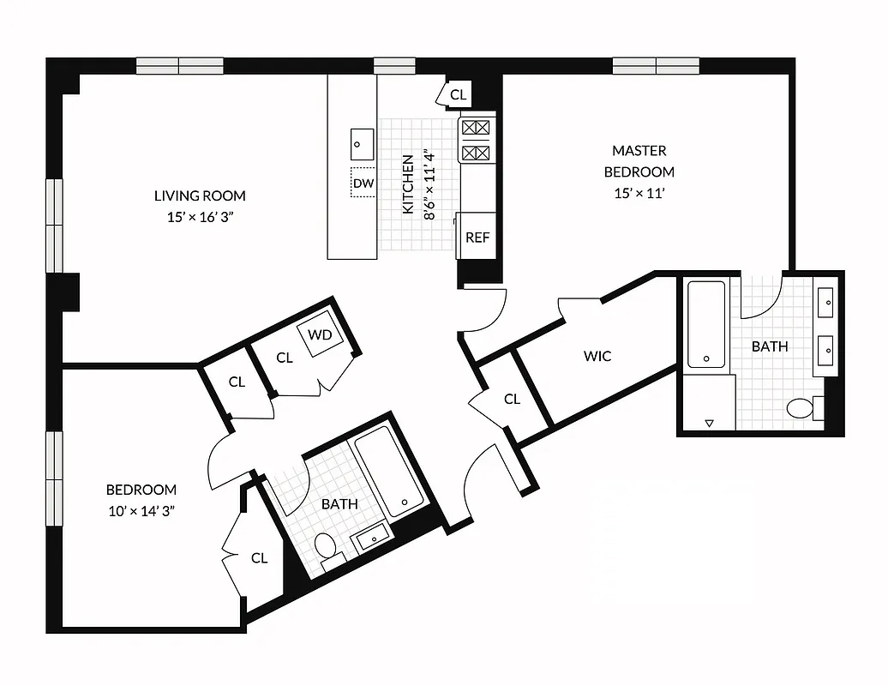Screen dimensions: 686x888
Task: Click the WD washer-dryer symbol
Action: [320, 334]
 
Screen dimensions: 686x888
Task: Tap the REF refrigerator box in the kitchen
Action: [477, 237]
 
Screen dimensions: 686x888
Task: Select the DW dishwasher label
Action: [363, 184]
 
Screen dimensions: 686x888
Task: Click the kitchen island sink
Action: [362, 142]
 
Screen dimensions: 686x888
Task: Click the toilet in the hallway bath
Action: [326, 545]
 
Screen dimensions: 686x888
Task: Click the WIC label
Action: [597, 355]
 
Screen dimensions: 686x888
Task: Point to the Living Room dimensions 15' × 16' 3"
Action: [200, 217]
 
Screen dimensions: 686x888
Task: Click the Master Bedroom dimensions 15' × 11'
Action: [639, 193]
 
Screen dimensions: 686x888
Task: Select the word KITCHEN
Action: [409, 184]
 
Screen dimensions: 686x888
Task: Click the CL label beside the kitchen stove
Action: [459, 94]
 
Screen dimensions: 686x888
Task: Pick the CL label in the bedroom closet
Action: [259, 557]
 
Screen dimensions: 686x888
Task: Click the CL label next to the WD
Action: [285, 358]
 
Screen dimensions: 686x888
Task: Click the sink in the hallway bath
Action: [371, 539]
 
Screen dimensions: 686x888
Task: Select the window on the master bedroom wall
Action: [656, 65]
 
